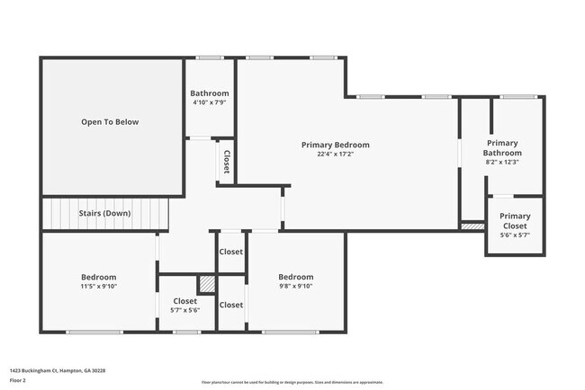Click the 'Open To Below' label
coord(110,121)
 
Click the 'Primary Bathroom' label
coord(503,147)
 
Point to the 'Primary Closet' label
coord(515,221)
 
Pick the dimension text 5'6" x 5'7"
coord(515,235)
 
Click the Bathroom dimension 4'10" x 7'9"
coord(210,102)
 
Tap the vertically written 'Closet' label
coord(226,162)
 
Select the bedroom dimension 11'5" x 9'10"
coord(99,287)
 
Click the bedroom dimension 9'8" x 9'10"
coord(295,287)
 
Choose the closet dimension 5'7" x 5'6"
coord(184,310)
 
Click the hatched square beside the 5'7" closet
coord(207,284)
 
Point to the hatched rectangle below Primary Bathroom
coord(472,226)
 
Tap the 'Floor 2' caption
coord(18,380)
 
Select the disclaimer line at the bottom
coord(292,381)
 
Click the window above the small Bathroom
coord(210,58)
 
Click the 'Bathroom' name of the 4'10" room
coord(210,93)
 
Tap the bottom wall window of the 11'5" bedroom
coord(94,332)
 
